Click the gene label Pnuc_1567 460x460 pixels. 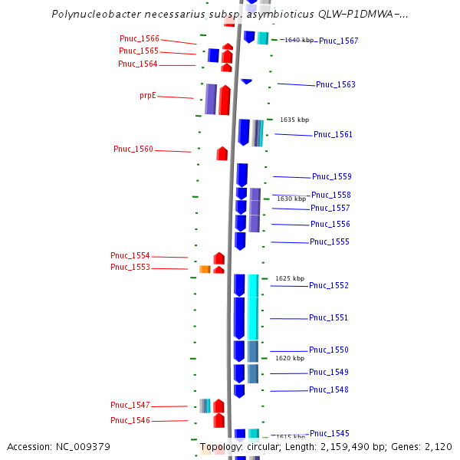(338, 41)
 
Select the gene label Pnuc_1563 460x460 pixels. (335, 84)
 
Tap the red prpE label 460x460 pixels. (148, 96)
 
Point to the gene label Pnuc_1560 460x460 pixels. (133, 149)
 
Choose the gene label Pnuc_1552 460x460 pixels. (328, 285)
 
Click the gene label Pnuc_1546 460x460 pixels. (130, 420)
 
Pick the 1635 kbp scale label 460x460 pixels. (294, 120)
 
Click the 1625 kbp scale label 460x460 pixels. (290, 278)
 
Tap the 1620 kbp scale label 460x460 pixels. (290, 358)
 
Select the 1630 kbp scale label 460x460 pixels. (291, 199)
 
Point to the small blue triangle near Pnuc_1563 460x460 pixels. (246, 81)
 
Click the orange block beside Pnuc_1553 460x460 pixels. (205, 269)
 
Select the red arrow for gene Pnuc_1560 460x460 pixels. (222, 153)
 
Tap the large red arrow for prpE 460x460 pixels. (225, 100)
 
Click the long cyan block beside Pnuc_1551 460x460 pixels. (253, 307)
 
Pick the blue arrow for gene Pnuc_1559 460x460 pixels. (242, 174)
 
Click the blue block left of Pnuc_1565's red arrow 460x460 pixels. (213, 55)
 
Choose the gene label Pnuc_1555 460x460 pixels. (329, 242)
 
